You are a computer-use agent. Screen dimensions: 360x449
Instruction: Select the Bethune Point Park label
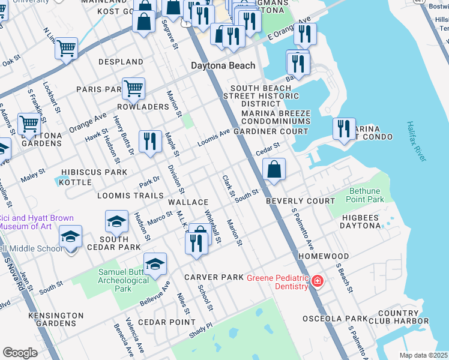pyautogui.click(x=366, y=195)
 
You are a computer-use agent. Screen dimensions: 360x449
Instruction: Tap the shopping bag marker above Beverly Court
pyautogui.click(x=274, y=170)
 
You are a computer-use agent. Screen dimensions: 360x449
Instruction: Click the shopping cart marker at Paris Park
pyautogui.click(x=133, y=89)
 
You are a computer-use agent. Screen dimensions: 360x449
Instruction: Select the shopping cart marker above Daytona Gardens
pyautogui.click(x=29, y=124)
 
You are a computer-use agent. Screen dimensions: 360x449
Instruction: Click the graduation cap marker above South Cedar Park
pyautogui.click(x=116, y=221)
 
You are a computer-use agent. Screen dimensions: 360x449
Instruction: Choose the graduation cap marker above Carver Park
pyautogui.click(x=155, y=264)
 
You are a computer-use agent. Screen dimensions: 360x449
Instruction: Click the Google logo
pyautogui.click(x=20, y=352)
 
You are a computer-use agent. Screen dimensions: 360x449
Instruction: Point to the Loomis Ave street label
pyautogui.click(x=214, y=137)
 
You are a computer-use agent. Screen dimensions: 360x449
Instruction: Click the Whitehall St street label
pyautogui.click(x=213, y=226)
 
